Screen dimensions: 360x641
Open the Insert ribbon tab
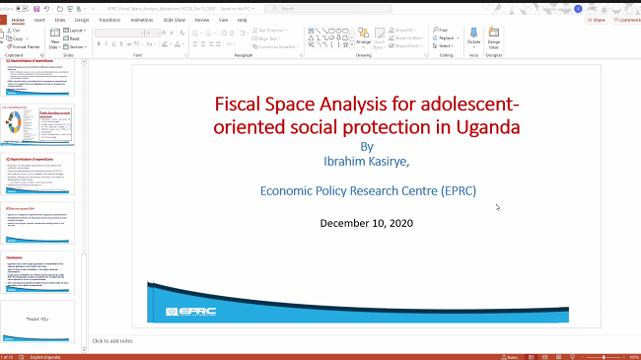tap(39, 19)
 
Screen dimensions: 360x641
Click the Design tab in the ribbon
tap(82, 19)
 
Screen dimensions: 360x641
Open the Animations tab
tap(144, 19)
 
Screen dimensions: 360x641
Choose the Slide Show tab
tap(176, 19)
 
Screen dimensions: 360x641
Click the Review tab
tap(202, 19)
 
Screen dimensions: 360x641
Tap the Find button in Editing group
tap(444, 31)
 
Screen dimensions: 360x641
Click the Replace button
tap(446, 38)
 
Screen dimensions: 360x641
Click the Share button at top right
tap(596, 19)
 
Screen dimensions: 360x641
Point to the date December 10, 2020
tap(366, 223)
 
